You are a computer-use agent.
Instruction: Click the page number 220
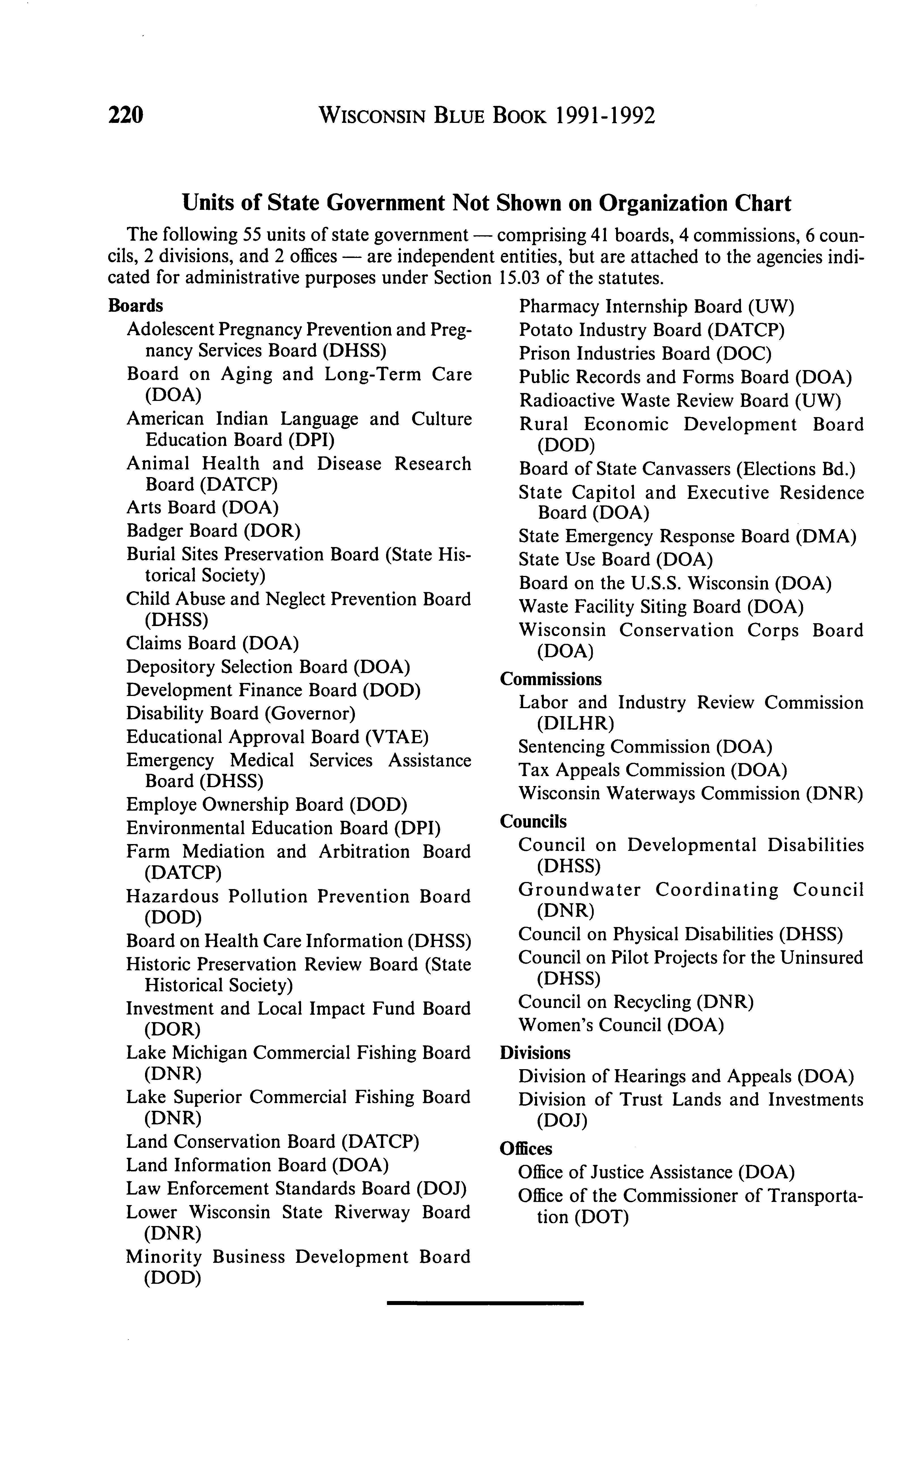125,115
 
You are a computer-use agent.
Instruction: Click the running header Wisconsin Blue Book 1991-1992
487,115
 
